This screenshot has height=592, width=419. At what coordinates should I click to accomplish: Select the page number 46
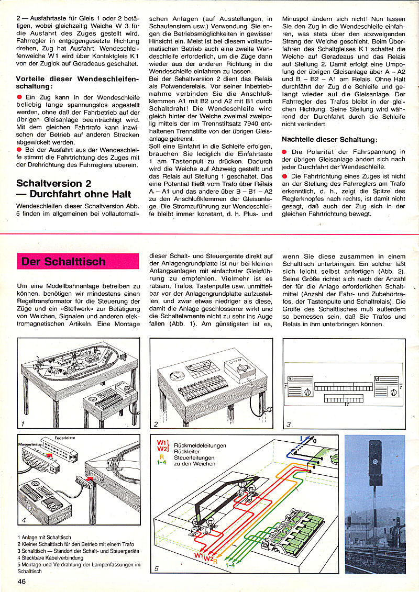(21, 582)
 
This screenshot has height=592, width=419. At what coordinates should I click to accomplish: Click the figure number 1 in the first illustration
(23, 423)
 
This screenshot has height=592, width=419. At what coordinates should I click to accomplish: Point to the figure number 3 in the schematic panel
(288, 423)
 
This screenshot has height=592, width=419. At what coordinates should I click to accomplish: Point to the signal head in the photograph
(374, 461)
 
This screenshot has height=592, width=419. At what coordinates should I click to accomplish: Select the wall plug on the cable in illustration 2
(269, 410)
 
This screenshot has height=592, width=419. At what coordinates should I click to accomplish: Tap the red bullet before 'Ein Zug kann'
(19, 97)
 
